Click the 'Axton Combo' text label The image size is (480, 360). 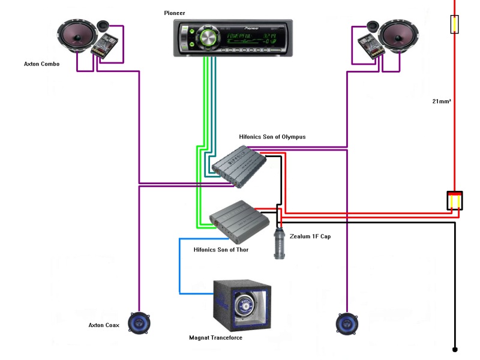41,64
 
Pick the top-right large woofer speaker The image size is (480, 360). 397,37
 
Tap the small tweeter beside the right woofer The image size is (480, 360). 372,26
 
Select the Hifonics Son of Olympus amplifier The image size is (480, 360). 238,166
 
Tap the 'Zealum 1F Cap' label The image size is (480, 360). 310,236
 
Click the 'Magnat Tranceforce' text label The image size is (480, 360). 216,338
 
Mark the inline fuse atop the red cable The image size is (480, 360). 455,24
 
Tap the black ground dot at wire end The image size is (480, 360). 455,349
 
